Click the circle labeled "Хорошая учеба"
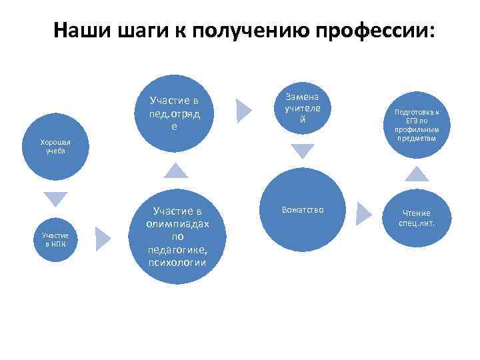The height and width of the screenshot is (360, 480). [55, 146]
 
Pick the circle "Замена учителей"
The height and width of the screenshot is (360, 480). [302, 107]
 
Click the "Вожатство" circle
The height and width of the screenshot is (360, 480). [302, 210]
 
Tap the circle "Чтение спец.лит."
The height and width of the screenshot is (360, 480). [417, 217]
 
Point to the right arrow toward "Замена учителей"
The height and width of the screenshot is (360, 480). [244, 107]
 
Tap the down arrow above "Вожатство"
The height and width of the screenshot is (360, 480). [302, 151]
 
